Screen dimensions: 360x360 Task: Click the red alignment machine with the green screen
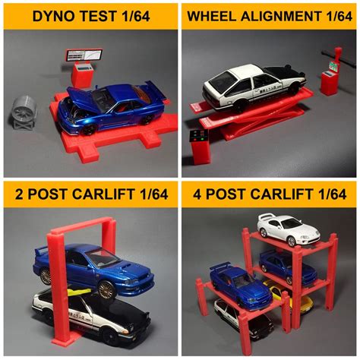tap(330, 78)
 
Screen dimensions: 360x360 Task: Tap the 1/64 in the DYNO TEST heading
tap(136, 14)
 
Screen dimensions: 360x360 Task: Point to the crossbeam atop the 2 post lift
tap(81, 225)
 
